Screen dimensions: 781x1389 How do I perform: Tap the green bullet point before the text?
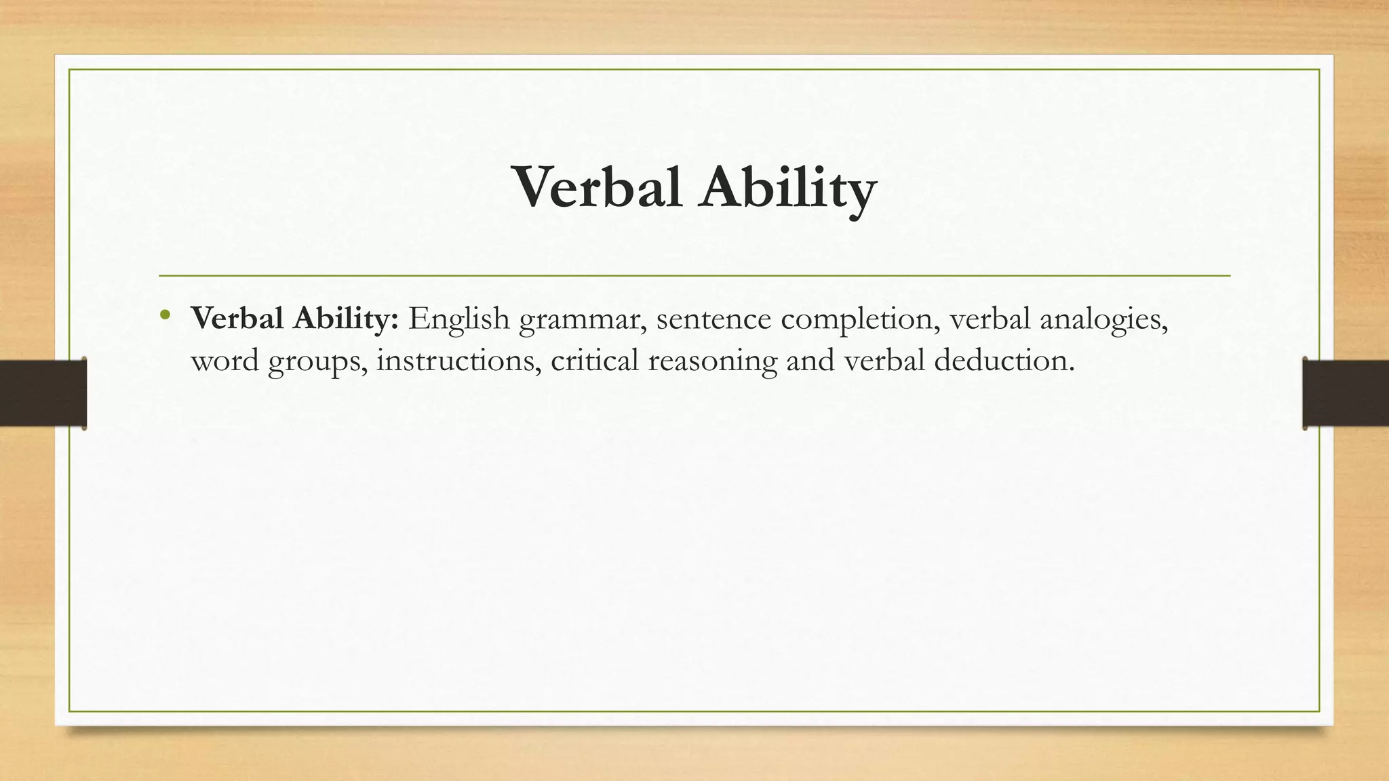(x=165, y=315)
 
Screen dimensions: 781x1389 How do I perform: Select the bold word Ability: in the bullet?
(x=345, y=319)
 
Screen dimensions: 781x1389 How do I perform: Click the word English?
(x=458, y=319)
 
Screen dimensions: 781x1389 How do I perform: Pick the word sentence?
(x=713, y=319)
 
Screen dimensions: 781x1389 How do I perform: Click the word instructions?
(x=458, y=360)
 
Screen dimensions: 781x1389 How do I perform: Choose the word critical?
(x=595, y=360)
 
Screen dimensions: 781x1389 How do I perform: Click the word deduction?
(x=1004, y=360)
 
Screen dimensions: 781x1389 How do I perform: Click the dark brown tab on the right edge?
(x=1346, y=393)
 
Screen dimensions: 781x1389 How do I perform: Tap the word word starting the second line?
(x=224, y=360)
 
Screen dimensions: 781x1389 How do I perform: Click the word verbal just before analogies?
(x=990, y=319)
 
